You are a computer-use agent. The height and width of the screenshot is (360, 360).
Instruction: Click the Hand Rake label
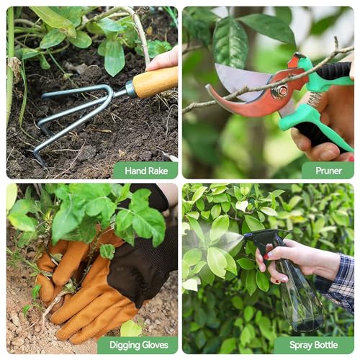pyautogui.click(x=146, y=171)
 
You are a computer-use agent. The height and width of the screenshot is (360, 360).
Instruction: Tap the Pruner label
pyautogui.click(x=328, y=171)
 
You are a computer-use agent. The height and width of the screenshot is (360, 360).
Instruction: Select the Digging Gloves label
pyautogui.click(x=138, y=345)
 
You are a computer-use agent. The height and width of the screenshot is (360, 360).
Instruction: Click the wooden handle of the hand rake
pyautogui.click(x=155, y=82)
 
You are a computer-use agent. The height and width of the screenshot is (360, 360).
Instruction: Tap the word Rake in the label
pyautogui.click(x=158, y=171)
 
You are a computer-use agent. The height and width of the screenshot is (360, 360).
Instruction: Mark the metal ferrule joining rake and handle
pyautogui.click(x=130, y=89)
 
